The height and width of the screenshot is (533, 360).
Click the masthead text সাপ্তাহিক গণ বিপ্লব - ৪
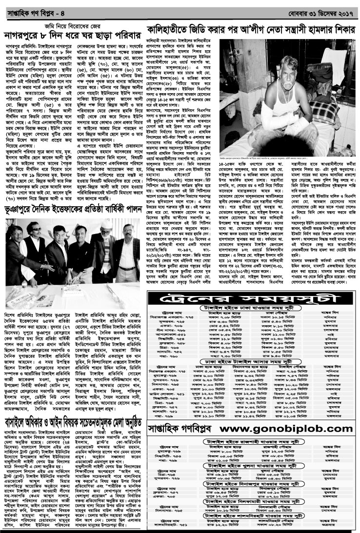coord(31,6)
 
